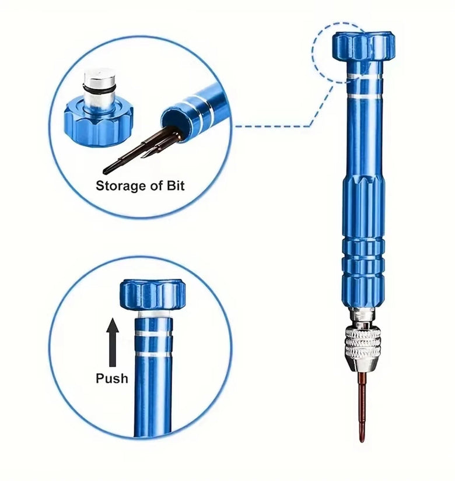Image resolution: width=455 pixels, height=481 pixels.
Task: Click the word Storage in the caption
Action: point(121,186)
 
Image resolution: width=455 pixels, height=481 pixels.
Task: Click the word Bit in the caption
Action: point(176,185)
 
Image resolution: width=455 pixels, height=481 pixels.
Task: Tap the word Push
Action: point(112,378)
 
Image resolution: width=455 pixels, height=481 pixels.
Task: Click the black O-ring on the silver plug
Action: point(100,89)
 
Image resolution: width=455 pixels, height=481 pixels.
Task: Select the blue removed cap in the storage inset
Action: point(99,122)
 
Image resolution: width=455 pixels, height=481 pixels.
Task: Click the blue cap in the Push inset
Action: point(153,294)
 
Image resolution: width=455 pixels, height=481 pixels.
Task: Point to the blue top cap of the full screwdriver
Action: point(363,45)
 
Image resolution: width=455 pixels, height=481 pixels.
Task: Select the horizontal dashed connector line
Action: point(272,126)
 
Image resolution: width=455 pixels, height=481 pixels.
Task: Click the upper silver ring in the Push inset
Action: point(153,333)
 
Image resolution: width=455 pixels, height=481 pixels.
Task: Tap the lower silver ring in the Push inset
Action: point(153,354)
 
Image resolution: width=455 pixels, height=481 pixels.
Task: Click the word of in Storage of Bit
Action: point(156,185)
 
